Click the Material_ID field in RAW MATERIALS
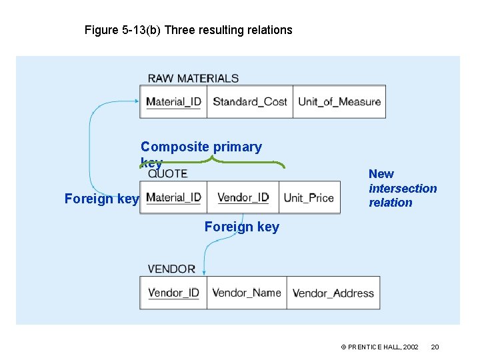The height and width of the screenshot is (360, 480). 173,102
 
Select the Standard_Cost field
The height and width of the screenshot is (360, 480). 249,102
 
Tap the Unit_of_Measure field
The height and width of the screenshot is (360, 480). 339,102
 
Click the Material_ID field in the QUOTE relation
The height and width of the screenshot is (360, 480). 173,197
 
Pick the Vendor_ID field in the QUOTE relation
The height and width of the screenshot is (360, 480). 243,197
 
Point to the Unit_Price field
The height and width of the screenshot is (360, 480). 309,197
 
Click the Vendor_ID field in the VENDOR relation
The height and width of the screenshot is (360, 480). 173,293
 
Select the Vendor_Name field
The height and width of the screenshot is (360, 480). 247,293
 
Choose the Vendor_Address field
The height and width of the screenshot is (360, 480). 333,293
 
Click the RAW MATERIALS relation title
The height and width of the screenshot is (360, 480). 193,78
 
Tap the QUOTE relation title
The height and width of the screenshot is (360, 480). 168,174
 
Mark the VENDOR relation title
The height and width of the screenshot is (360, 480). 171,269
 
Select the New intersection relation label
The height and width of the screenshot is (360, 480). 402,188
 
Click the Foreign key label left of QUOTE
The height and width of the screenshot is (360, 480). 101,199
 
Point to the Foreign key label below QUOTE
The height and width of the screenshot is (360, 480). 242,227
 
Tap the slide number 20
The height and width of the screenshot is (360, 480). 435,347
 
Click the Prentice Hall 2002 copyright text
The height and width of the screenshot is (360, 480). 379,347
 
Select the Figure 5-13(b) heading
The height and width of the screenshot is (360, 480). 188,30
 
